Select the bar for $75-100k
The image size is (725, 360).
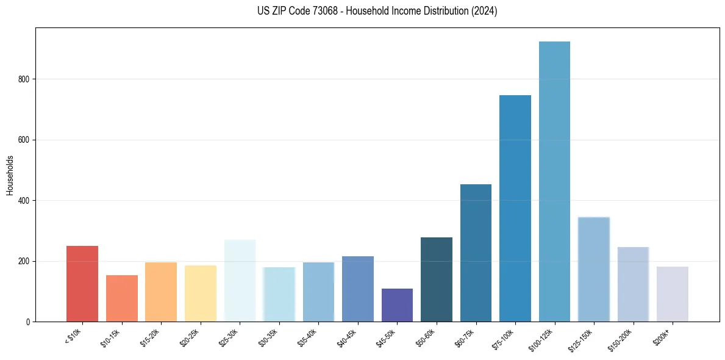515,208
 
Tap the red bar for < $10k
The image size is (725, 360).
82,284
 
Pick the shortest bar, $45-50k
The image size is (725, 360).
397,305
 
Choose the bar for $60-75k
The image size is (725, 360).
476,253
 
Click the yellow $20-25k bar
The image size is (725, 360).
201,293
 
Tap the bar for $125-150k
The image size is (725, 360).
593,269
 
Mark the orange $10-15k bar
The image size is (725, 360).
122,298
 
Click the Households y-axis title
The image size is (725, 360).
10,175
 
